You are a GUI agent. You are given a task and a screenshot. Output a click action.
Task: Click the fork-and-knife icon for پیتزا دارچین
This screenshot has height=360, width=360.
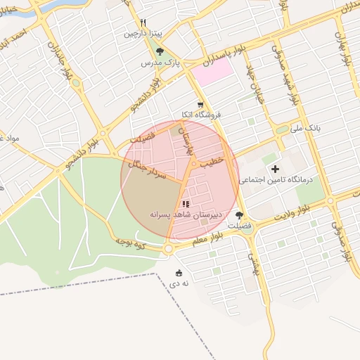143,22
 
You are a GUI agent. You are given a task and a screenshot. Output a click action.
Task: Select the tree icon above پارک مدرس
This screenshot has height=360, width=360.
160,51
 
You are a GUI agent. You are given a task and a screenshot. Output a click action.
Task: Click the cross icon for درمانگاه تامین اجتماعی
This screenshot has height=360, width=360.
275,169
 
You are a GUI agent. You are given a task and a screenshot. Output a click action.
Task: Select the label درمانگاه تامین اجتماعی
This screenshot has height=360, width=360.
280,181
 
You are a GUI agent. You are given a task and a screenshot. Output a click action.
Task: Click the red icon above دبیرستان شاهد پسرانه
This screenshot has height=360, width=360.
186,203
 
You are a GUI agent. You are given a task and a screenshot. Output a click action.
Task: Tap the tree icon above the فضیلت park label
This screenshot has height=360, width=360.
240,215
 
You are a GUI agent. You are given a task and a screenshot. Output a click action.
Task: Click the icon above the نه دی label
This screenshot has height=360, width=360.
178,273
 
